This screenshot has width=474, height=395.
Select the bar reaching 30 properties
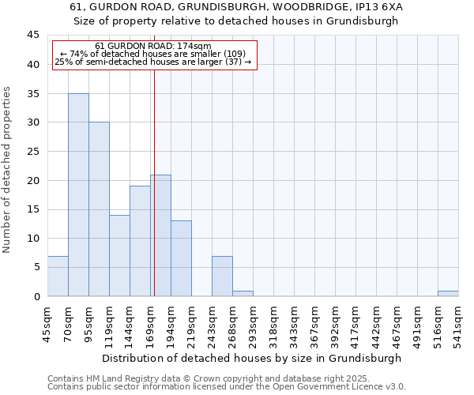(x=99, y=209)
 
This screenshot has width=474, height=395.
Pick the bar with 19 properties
(x=140, y=241)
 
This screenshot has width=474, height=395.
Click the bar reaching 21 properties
(x=160, y=235)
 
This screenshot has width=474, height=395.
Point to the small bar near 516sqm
(x=448, y=293)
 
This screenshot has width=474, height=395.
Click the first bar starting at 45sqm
(x=58, y=276)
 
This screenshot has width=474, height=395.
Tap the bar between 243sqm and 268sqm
(x=222, y=276)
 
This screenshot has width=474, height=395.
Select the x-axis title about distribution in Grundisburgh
(x=252, y=358)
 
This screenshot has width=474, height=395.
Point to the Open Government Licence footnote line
(x=227, y=387)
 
